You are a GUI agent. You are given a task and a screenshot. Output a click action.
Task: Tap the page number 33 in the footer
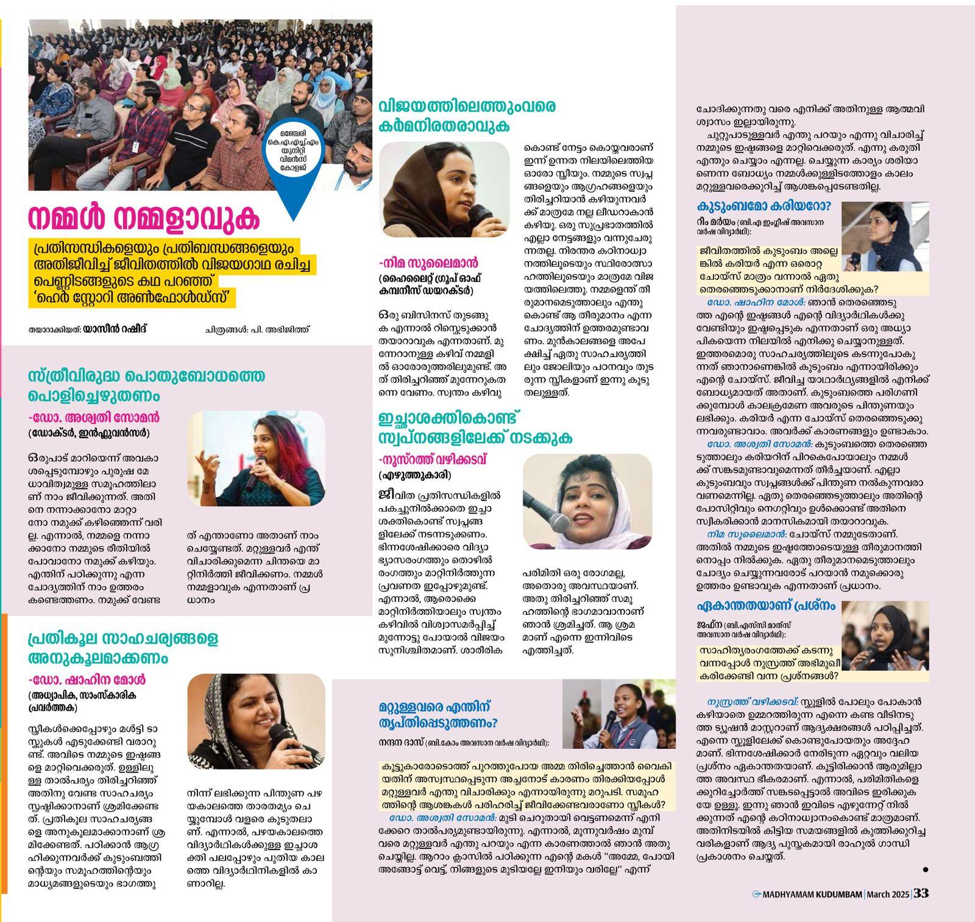pos(921,893)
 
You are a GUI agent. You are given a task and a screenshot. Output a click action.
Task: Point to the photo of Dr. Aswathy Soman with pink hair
pos(256,458)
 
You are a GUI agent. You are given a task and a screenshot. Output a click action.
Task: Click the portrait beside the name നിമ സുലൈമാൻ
pos(444,190)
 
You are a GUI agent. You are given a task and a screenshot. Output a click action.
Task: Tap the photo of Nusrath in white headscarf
pos(587,502)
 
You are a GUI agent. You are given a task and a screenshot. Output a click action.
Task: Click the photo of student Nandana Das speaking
pos(619,714)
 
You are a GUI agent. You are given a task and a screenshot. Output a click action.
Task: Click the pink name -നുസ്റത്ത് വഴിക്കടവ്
pos(433,459)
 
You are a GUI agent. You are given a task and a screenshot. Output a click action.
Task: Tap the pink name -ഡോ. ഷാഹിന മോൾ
pos(87,679)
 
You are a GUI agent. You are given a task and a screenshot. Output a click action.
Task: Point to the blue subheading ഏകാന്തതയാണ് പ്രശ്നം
pos(766,606)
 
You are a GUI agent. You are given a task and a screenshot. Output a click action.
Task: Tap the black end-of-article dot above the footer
pos(926,870)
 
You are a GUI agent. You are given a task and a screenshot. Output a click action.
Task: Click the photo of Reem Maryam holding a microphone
pos(885,236)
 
